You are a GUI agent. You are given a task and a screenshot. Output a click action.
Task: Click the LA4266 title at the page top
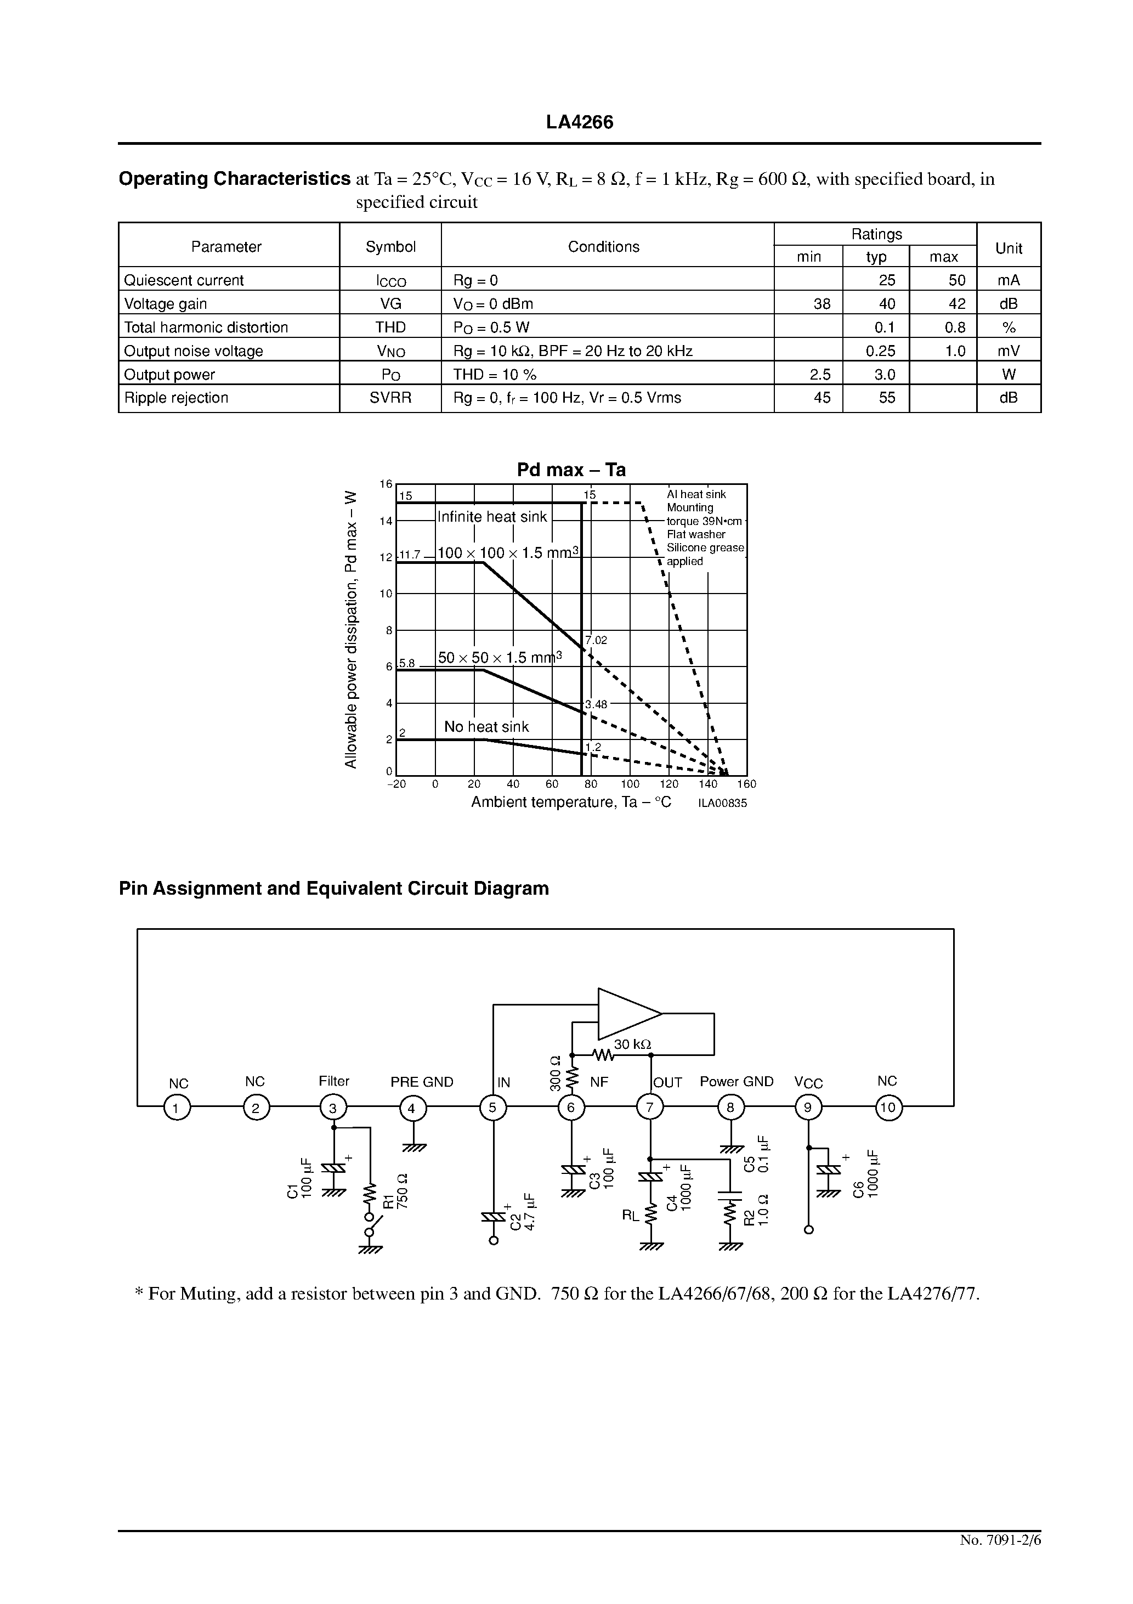(579, 122)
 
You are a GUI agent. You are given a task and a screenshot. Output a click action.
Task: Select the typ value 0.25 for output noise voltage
(885, 351)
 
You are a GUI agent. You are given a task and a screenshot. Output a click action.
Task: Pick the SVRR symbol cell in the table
(390, 398)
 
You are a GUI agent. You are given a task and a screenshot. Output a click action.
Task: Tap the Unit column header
(1008, 248)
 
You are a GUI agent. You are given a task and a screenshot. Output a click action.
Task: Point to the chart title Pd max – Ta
(571, 470)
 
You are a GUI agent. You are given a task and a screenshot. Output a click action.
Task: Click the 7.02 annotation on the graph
(597, 640)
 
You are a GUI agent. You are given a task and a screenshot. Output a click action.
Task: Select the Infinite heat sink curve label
(492, 517)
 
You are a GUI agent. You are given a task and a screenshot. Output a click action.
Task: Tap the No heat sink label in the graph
(486, 726)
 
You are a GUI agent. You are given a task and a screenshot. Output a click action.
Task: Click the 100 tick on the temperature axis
(630, 784)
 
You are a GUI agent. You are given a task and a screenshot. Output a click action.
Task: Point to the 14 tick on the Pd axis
(386, 521)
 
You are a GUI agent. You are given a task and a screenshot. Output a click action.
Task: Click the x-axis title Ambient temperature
(571, 802)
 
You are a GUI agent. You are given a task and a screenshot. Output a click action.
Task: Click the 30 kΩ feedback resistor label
(632, 1044)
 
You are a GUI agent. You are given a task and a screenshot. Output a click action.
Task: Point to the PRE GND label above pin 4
(421, 1081)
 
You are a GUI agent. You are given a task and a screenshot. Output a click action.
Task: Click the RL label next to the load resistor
(630, 1216)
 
